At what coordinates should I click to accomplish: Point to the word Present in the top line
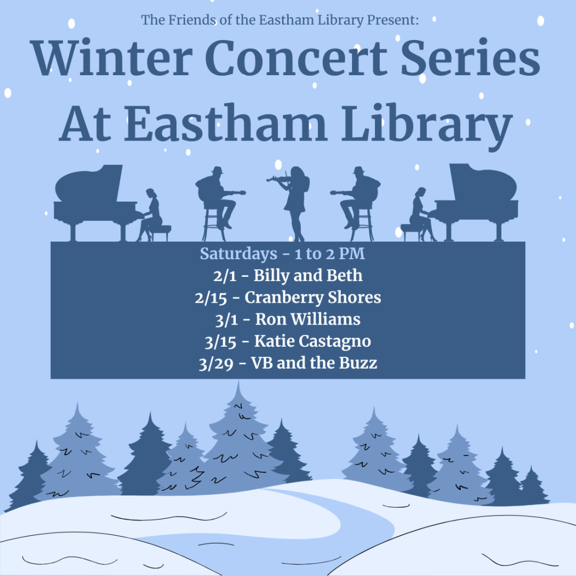393,20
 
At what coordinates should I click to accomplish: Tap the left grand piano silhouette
94,197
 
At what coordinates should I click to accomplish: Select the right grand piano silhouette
479,197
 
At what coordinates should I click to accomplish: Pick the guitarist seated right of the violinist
357,197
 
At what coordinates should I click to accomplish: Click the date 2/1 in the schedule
223,276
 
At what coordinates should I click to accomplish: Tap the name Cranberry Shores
313,298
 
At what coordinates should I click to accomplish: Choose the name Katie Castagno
313,341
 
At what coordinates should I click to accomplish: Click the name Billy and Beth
308,276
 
